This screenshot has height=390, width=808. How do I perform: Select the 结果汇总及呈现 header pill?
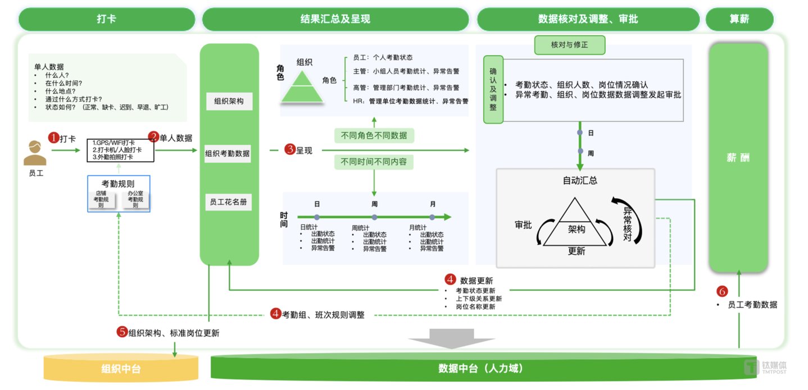[x=335, y=19]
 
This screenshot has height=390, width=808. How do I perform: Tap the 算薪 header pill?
[x=739, y=19]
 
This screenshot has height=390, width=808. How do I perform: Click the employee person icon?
[x=35, y=153]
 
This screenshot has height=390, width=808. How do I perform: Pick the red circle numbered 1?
[x=53, y=137]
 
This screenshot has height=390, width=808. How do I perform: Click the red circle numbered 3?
[x=290, y=150]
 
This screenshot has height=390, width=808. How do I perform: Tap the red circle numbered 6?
[x=723, y=291]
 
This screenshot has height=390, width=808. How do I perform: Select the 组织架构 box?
[x=229, y=102]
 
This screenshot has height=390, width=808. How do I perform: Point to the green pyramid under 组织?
[x=302, y=90]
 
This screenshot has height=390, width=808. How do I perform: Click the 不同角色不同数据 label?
[x=374, y=136]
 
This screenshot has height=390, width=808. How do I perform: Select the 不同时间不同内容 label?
[x=374, y=163]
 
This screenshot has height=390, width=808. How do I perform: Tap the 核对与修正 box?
[x=569, y=45]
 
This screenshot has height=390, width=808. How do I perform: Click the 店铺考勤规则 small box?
[x=102, y=200]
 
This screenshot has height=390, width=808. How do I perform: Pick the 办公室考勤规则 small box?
[x=135, y=200]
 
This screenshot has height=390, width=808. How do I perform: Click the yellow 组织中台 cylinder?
[x=121, y=369]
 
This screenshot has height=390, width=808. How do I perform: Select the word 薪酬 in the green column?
[x=738, y=158]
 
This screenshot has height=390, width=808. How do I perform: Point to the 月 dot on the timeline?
[x=432, y=217]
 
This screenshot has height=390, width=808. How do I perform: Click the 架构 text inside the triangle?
[x=577, y=229]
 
